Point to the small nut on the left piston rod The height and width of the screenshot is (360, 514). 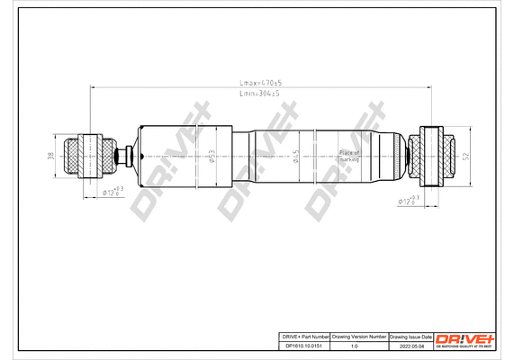[x=126, y=155]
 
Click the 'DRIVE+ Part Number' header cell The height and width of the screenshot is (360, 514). [x=301, y=336]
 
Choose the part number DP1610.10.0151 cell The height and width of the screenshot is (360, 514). [x=301, y=346]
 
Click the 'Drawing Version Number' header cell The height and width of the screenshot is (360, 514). [x=358, y=336]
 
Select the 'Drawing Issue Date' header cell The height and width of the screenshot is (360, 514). [x=410, y=336]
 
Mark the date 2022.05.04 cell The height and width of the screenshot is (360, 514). [x=410, y=346]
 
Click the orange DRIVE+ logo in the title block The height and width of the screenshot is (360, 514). [x=464, y=339]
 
